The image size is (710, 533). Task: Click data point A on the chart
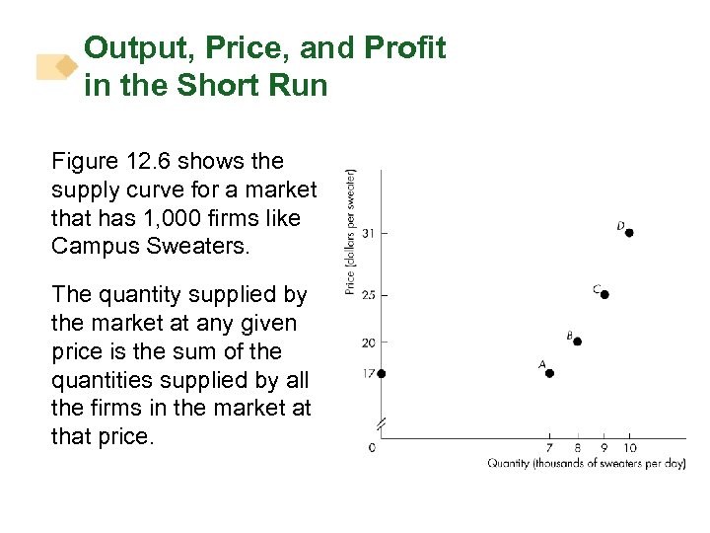pyautogui.click(x=549, y=373)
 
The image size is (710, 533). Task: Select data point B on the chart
pyautogui.click(x=577, y=342)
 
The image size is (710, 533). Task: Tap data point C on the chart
pyautogui.click(x=604, y=294)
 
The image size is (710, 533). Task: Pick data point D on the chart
pyautogui.click(x=629, y=233)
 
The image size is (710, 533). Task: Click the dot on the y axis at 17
pyautogui.click(x=382, y=373)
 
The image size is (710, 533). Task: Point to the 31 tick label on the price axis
pyautogui.click(x=368, y=233)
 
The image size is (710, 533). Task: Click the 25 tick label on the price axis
pyautogui.click(x=368, y=295)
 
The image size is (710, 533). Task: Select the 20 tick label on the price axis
pyautogui.click(x=368, y=343)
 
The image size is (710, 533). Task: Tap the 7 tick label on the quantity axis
pyautogui.click(x=549, y=449)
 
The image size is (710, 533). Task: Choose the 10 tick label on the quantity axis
pyautogui.click(x=630, y=449)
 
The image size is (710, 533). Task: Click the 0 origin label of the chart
pyautogui.click(x=372, y=448)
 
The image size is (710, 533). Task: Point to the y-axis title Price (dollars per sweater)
pyautogui.click(x=351, y=231)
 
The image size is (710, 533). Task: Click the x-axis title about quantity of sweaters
pyautogui.click(x=586, y=464)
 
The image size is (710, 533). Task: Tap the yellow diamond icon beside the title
pyautogui.click(x=66, y=66)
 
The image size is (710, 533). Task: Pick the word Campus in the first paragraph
pyautogui.click(x=98, y=246)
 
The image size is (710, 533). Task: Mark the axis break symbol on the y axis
pyautogui.click(x=382, y=423)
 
